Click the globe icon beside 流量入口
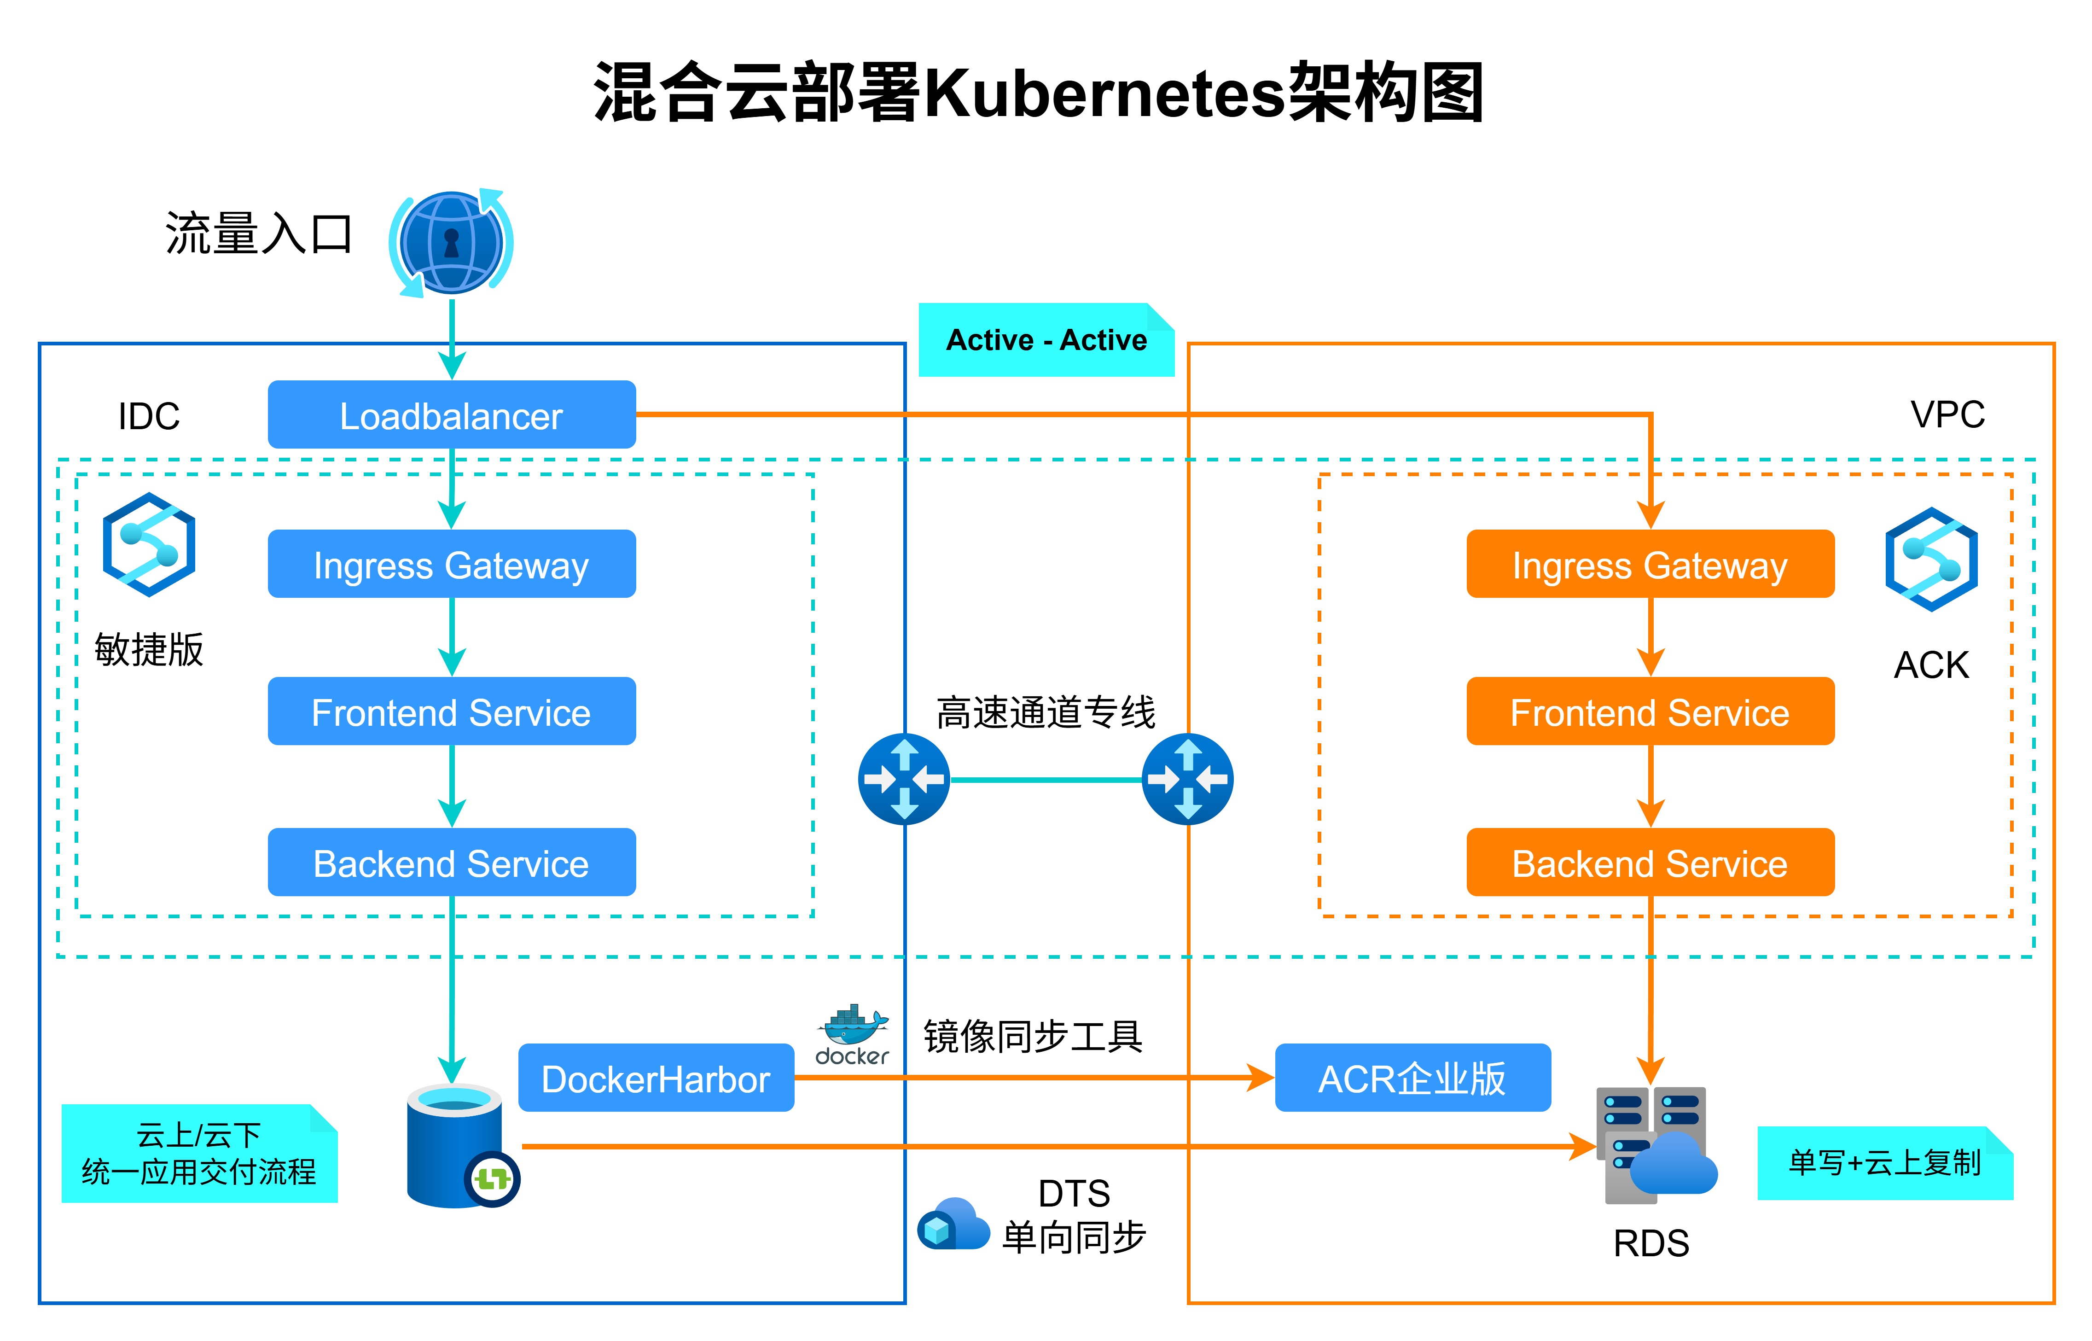tap(451, 242)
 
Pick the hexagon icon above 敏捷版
tap(149, 544)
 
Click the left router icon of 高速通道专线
tap(904, 778)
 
